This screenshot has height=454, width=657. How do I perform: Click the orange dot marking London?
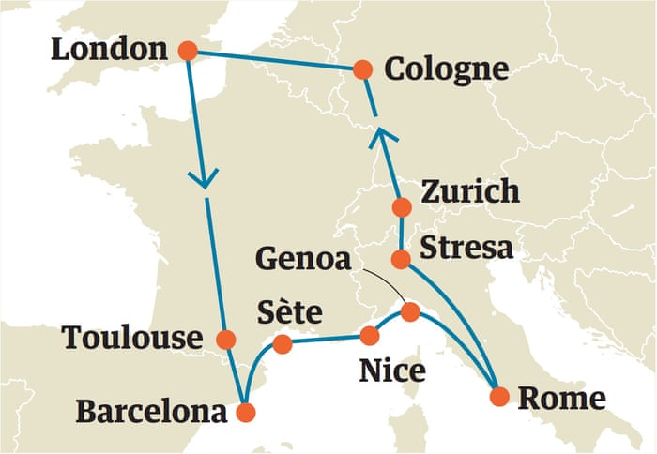pos(188,52)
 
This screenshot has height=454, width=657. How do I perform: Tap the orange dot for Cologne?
pos(363,69)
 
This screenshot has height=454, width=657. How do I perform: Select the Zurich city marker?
pos(401,207)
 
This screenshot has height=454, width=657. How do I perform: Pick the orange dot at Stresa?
pos(401,258)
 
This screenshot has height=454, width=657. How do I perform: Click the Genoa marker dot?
pos(410,311)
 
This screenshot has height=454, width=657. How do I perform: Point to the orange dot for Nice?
pos(370,335)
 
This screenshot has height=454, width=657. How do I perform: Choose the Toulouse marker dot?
pos(225,339)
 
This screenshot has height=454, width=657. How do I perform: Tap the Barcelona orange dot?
pos(245,411)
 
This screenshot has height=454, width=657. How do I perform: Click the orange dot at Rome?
pos(499,396)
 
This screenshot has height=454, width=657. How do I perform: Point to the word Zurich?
pos(469,191)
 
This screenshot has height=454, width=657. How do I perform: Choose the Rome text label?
pos(561,397)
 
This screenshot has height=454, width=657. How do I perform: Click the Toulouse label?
pos(132,339)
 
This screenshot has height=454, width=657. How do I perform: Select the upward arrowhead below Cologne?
pos(381,137)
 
